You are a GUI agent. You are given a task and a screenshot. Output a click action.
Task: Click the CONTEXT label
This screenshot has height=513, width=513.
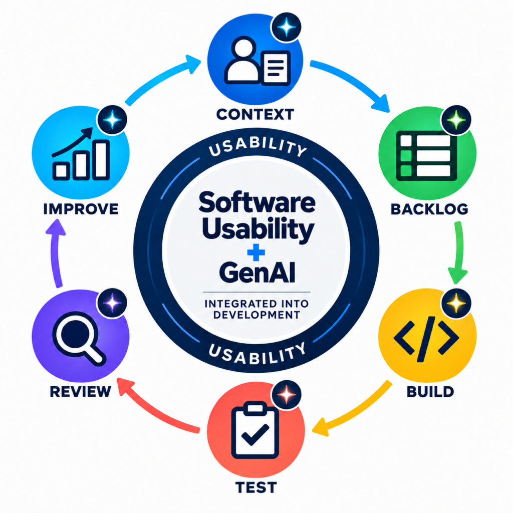coord(255,115)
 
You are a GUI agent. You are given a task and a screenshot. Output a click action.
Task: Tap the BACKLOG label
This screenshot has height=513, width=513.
coord(429,209)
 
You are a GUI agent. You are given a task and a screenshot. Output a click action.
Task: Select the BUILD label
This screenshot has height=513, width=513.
coord(430,392)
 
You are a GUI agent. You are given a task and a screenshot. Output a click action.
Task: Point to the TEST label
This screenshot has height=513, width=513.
coord(256,487)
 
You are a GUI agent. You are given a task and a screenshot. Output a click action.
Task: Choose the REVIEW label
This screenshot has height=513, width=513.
coord(81,391)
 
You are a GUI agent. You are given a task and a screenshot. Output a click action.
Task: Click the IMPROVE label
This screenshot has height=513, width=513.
coord(81,209)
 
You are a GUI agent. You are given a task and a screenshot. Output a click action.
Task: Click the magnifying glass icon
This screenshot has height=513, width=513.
coord(79,338)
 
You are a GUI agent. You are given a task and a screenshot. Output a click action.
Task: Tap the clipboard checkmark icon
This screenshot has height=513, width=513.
coord(255,431)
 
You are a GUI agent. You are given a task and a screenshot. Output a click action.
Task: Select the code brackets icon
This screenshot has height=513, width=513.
coord(426,339)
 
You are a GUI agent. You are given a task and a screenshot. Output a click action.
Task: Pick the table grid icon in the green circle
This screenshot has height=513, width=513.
coord(426,156)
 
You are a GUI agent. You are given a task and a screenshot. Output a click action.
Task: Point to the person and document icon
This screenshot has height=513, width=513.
coord(257,61)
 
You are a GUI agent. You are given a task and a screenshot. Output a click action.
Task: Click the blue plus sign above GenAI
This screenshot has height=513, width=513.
coord(256,252)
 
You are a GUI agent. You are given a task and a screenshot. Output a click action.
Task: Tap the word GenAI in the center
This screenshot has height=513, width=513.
coord(257,273)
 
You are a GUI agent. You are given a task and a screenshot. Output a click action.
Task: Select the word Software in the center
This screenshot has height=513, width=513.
coord(257,203)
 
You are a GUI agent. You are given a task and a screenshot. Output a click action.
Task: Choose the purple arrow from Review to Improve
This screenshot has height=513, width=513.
coord(56,252)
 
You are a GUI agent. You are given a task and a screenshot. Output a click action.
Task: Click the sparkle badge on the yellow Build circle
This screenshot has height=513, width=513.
coord(456,303)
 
